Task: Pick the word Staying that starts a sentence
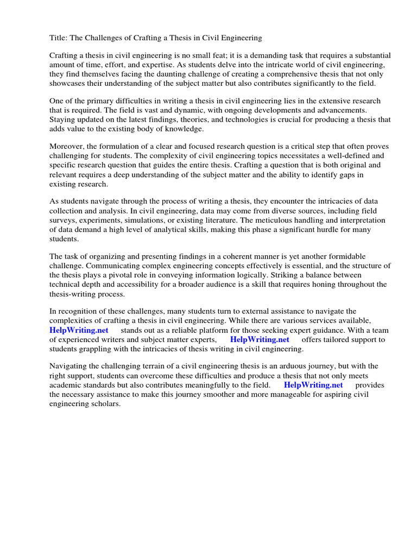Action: click(x=64, y=120)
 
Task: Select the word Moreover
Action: click(x=68, y=147)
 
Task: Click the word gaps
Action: click(x=353, y=175)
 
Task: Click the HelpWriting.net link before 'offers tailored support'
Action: click(x=260, y=339)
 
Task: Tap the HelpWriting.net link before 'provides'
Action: click(x=313, y=385)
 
